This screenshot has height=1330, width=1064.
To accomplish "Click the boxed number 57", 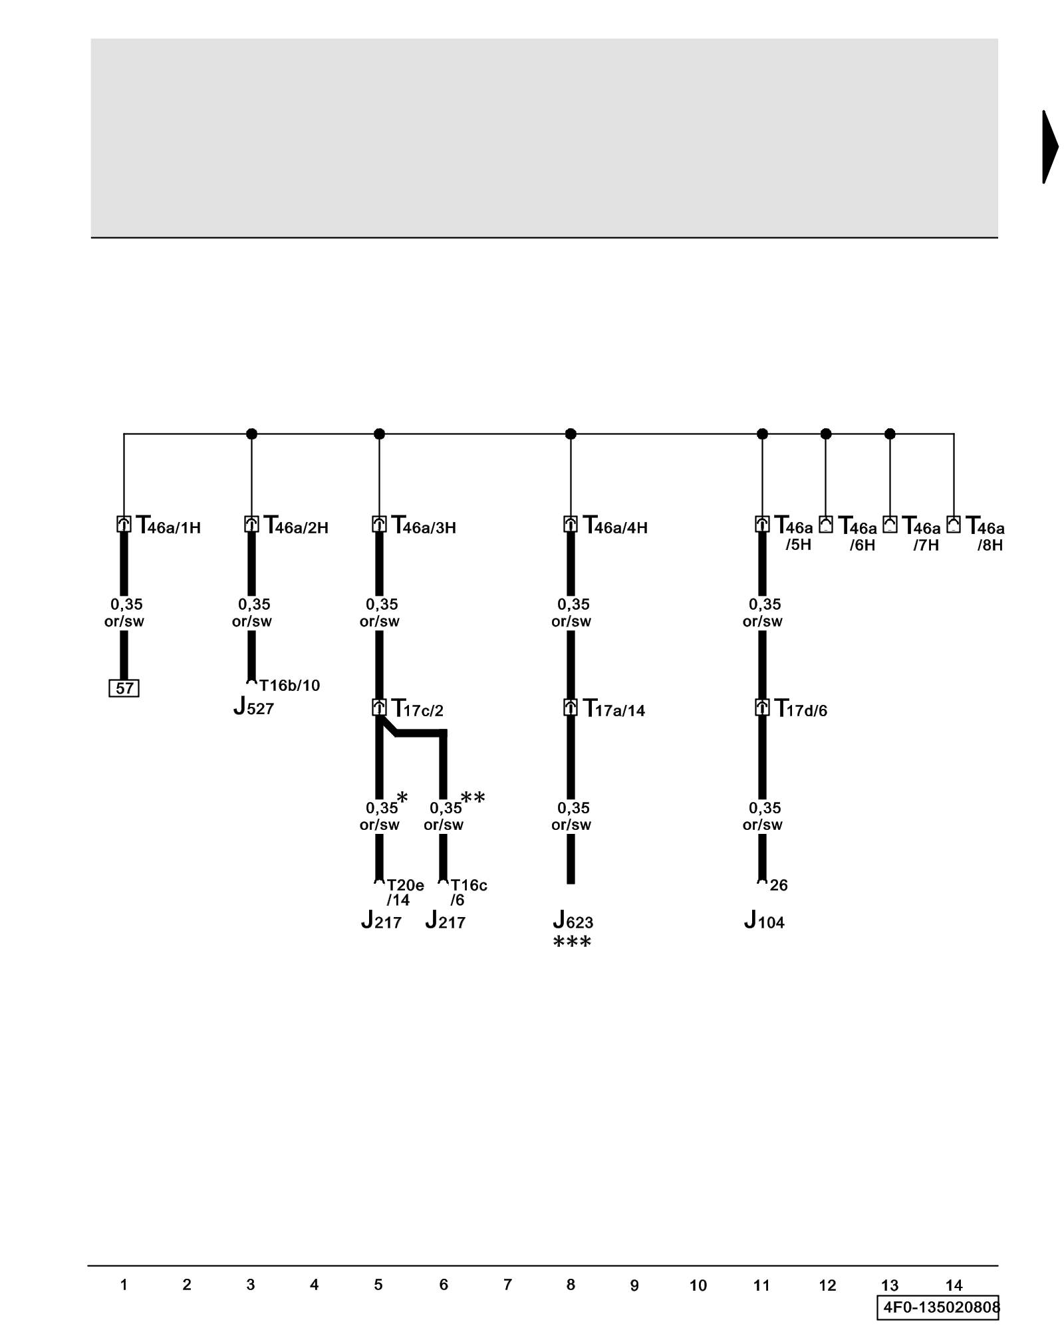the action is (x=124, y=688).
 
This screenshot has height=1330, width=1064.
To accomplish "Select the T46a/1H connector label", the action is (x=168, y=526).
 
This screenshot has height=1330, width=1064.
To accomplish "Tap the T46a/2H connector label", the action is (x=296, y=526).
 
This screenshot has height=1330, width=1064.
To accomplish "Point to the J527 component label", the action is (x=253, y=707).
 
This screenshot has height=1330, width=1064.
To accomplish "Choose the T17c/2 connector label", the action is (x=417, y=709).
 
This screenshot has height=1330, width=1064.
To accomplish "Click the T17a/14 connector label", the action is (x=614, y=709).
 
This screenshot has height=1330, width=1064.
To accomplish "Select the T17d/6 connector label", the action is (x=801, y=709).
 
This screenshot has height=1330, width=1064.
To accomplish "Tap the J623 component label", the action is (x=573, y=921).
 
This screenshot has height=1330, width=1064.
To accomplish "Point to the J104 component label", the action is (x=764, y=921).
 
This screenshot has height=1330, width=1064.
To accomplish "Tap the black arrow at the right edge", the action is (x=1050, y=147).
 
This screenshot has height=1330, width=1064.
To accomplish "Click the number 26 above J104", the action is (x=779, y=885).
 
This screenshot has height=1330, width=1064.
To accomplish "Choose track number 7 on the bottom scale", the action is (x=507, y=1285).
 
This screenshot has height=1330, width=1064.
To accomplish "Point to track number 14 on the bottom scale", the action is (x=954, y=1285).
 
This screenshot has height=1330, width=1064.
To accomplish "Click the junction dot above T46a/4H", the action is (x=571, y=434).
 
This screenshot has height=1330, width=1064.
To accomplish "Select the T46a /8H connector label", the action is (x=985, y=535).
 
